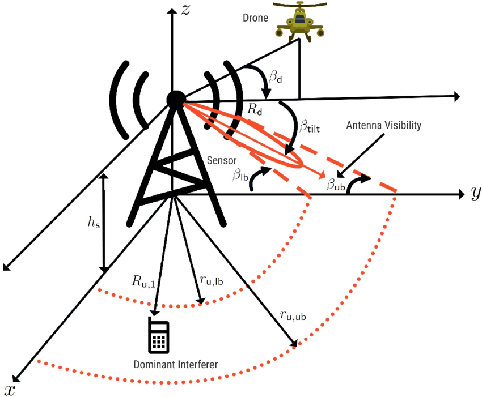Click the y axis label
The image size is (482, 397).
tap(475, 194)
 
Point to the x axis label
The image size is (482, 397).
tap(10, 389)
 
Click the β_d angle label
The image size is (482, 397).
tap(275, 76)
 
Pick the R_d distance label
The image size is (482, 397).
tap(255, 110)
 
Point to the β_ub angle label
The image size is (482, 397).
tap(335, 183)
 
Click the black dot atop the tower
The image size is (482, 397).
tap(175, 100)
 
